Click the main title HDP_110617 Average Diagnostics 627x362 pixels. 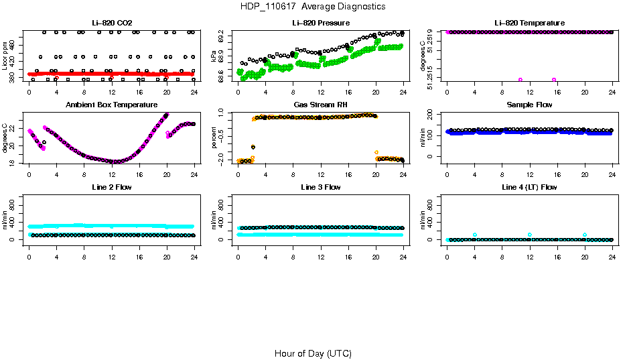pyautogui.click(x=313, y=7)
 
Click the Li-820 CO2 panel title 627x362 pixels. pyautogui.click(x=112, y=23)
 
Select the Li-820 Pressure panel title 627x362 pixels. pyautogui.click(x=321, y=23)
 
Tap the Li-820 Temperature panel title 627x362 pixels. pyautogui.click(x=530, y=23)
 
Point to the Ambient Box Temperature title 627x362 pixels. pyautogui.click(x=112, y=105)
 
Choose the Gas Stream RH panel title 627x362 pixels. pyautogui.click(x=321, y=105)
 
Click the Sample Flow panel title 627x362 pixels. pyautogui.click(x=530, y=105)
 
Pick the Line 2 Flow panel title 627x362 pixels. pyautogui.click(x=112, y=187)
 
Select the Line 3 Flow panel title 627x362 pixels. pyautogui.click(x=321, y=187)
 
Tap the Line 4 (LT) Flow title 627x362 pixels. pyautogui.click(x=530, y=187)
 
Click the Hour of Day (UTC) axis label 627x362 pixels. pyautogui.click(x=313, y=353)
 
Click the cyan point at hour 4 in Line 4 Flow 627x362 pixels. pyautogui.click(x=474, y=235)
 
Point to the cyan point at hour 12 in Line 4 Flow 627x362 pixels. pyautogui.click(x=530, y=235)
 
